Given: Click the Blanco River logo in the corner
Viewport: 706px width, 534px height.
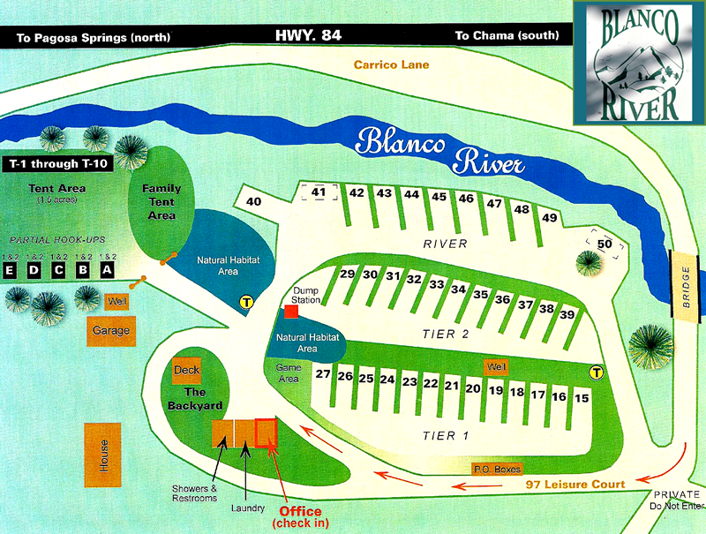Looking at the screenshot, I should tap(638, 64).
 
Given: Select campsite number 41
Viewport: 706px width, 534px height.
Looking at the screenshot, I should tap(319, 192).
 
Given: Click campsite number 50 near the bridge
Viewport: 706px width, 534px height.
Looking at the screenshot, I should tap(605, 244).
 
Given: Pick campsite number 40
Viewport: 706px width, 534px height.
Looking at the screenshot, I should tap(254, 202).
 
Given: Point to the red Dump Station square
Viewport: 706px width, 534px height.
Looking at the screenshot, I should tap(290, 311).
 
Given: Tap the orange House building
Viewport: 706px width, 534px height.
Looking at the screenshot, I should tap(103, 454).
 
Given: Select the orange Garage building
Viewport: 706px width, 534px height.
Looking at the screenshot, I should tap(109, 330).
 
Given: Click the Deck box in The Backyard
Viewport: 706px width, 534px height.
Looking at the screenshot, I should tap(187, 371).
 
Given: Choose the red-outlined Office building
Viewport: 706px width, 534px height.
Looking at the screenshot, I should tap(266, 432).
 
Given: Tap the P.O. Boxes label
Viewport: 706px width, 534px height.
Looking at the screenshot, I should tap(498, 470).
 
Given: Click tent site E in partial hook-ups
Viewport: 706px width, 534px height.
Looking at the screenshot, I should tap(11, 270).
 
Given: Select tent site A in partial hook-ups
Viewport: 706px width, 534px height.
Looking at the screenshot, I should tap(107, 270).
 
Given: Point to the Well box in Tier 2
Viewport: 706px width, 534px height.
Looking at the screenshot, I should tap(497, 365).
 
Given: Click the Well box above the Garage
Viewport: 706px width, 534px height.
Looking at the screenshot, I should tap(115, 302).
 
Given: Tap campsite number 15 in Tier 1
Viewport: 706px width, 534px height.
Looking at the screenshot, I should tap(581, 398).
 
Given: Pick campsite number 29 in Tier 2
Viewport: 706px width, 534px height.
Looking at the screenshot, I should tap(347, 275).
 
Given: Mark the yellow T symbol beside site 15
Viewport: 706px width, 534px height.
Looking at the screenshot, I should tap(597, 372).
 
